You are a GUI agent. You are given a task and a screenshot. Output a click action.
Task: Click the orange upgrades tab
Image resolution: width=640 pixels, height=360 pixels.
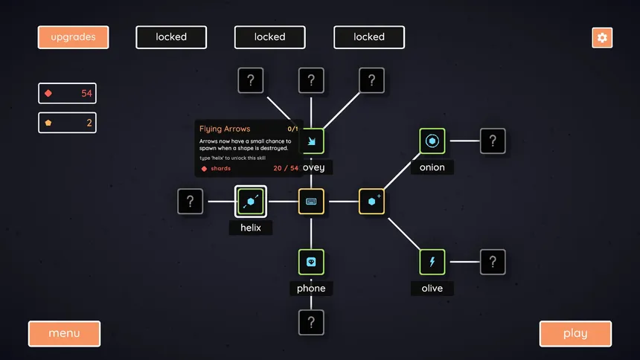coord(73,37)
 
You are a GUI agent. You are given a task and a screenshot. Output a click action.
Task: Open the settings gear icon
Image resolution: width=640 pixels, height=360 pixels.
coord(602,38)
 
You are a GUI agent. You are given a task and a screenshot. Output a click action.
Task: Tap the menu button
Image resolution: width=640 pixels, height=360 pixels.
coord(64,333)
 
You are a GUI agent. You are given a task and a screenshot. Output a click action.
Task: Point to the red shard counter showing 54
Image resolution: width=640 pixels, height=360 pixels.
coord(67,94)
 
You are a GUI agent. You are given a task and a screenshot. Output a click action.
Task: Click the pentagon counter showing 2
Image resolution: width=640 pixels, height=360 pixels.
coord(67,123)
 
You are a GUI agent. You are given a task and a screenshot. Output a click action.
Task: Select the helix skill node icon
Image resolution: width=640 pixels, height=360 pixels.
coord(251,202)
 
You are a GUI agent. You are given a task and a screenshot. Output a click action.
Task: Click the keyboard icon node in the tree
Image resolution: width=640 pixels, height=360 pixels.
coord(311,202)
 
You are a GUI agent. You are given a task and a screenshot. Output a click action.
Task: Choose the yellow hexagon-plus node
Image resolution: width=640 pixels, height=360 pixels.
coord(371,202)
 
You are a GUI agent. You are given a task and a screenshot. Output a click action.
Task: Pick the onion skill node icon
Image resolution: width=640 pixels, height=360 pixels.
coord(432,141)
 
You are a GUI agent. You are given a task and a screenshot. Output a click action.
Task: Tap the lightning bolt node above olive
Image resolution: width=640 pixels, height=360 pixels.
coord(432,262)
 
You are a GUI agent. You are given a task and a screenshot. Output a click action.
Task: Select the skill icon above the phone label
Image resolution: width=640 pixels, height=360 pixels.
coord(311,262)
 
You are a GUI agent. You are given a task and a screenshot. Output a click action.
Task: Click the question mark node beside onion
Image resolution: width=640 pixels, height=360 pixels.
coord(493,141)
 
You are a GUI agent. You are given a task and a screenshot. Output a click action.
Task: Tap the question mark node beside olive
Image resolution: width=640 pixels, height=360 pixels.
coord(493,262)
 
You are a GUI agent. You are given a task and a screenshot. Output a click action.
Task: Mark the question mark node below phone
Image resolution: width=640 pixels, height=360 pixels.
coord(311,323)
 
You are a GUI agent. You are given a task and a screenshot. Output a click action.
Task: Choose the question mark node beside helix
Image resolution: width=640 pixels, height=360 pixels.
coord(191,202)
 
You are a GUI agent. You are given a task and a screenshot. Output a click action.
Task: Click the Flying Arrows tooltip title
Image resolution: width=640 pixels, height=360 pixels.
coord(225,129)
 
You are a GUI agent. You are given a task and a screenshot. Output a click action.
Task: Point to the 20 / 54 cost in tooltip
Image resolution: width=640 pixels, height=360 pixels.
coord(286,169)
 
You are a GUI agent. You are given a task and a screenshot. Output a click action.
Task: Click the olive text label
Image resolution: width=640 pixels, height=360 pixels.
coord(432,289)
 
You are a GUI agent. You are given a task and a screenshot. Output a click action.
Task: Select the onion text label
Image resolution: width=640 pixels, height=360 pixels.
coord(432,167)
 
